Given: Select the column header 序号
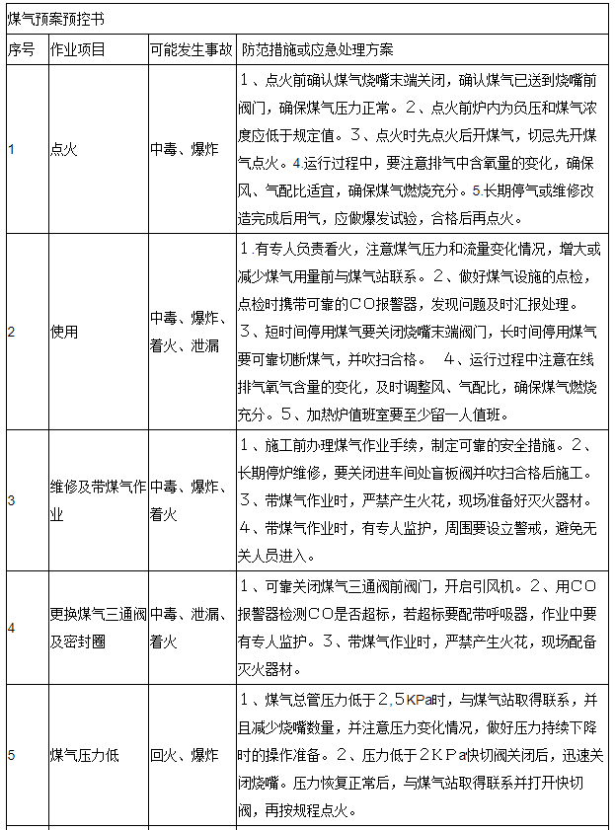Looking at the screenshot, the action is coord(21,49).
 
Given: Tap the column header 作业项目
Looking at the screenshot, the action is coord(78,49).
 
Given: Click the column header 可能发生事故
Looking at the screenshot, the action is coord(192,49).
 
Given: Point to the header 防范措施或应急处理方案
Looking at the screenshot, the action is coord(317,49).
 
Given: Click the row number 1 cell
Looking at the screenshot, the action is coord(12,148).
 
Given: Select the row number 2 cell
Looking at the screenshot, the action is coord(12,332).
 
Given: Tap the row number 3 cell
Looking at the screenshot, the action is coord(12,500).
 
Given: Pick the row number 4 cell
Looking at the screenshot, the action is coord(12,628).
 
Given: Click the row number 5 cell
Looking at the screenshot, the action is coord(12,755).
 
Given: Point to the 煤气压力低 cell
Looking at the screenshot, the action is coord(84,755).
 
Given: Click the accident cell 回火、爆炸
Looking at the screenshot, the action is coord(185,755).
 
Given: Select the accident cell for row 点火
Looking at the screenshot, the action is coord(185,148).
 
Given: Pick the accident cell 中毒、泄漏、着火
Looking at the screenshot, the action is coord(192,628).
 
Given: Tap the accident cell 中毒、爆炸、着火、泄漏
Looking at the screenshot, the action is coord(192,332).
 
